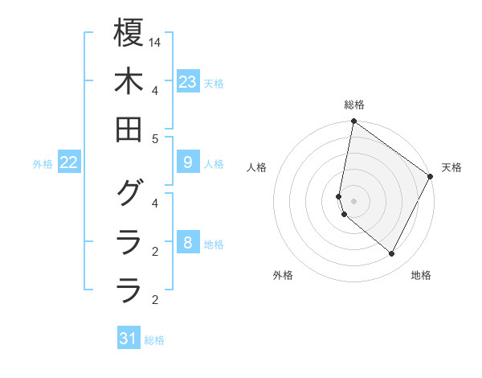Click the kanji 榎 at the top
[129, 35]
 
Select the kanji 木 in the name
[129, 83]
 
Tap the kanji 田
[129, 129]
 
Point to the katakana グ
[129, 193]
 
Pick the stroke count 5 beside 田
[156, 138]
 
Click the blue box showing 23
[188, 82]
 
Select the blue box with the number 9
[188, 162]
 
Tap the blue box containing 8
[188, 243]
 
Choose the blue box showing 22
[69, 162]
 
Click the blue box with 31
[129, 339]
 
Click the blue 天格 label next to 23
[214, 84]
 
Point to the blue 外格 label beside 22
[43, 164]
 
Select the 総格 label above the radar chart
[354, 105]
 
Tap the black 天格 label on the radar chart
[451, 167]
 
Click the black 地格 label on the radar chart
[421, 275]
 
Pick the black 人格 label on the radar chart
[257, 167]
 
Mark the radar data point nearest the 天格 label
[431, 177]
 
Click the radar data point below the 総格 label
[353, 122]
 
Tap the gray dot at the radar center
[353, 201]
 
